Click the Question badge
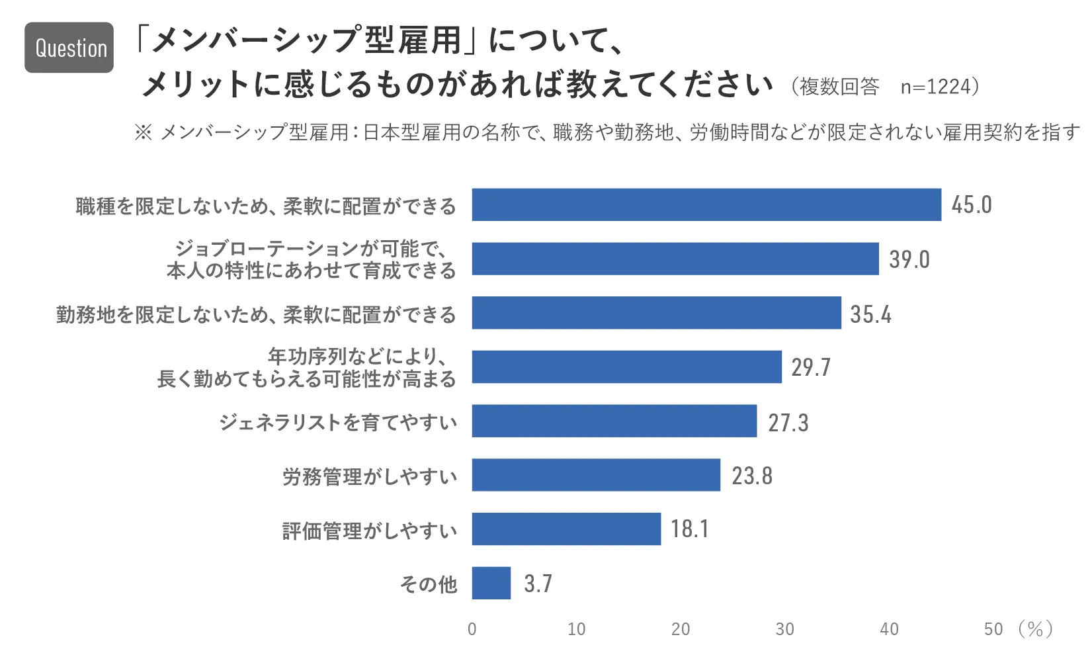click(x=69, y=48)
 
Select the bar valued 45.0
click(x=706, y=204)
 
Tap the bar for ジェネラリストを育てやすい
click(x=614, y=421)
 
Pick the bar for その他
click(x=491, y=583)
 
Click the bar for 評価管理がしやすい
click(x=566, y=529)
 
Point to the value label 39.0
click(x=909, y=259)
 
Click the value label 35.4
click(x=870, y=314)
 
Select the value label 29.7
click(x=811, y=367)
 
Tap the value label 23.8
click(x=751, y=476)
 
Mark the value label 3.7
click(x=538, y=584)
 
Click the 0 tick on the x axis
click(x=472, y=629)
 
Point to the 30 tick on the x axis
click(x=784, y=629)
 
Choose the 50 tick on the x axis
click(x=993, y=629)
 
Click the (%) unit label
click(x=1035, y=629)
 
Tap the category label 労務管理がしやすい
click(x=370, y=476)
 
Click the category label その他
click(x=429, y=584)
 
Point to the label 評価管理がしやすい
click(x=370, y=531)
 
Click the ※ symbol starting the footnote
click(x=143, y=132)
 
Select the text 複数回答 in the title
click(x=839, y=87)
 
